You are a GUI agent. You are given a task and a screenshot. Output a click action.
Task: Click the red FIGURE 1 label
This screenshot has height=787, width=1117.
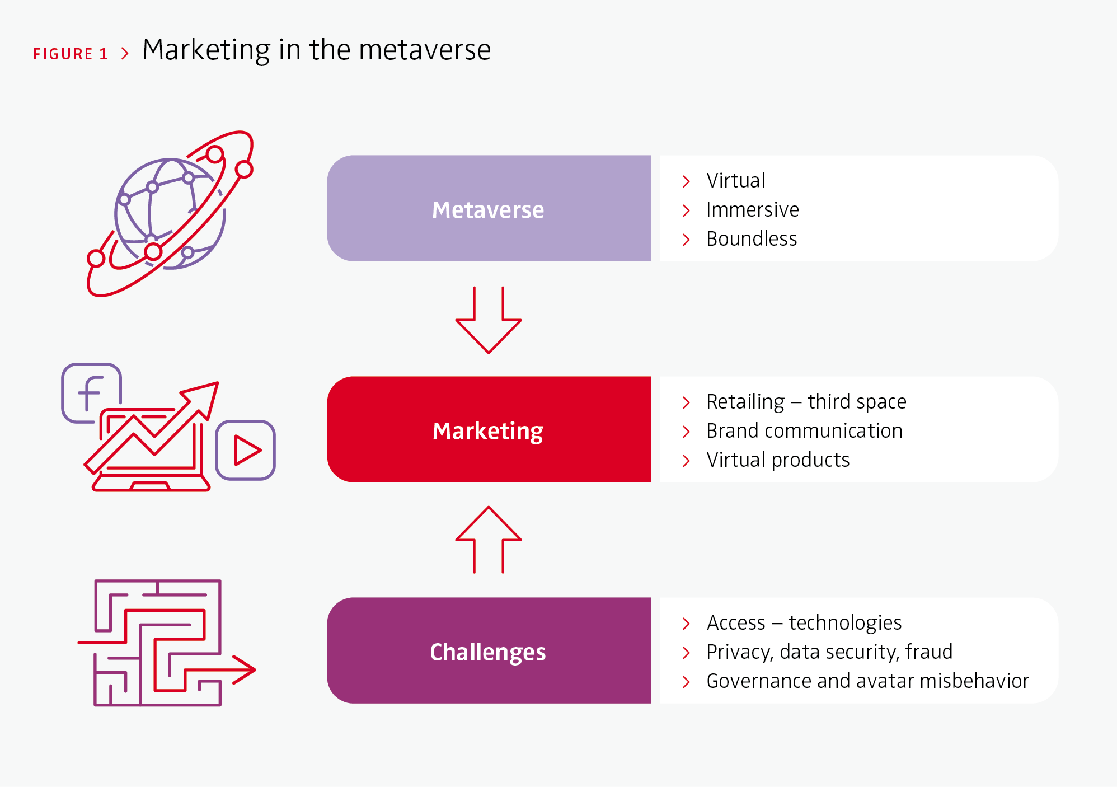pos(70,54)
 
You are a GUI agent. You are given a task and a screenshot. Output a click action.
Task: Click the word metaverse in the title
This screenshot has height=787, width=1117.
pos(425,50)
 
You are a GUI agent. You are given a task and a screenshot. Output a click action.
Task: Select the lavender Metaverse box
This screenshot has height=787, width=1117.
pos(489,208)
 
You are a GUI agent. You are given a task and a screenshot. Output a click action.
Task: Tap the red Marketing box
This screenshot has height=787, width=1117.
pos(489,429)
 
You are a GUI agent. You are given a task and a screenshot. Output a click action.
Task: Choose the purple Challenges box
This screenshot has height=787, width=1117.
pos(489,650)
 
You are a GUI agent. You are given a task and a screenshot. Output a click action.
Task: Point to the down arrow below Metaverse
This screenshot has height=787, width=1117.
pos(489,320)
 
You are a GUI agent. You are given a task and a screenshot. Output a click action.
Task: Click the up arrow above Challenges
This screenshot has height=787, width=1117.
pos(489,540)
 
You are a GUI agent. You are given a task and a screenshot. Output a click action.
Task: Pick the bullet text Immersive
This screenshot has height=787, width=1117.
pos(752,209)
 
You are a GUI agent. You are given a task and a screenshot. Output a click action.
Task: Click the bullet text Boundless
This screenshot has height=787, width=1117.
pos(752,238)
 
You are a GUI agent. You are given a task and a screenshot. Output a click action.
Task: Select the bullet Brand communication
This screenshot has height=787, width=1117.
pos(804,430)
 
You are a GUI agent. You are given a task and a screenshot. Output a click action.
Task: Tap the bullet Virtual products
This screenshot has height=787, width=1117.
pos(778,460)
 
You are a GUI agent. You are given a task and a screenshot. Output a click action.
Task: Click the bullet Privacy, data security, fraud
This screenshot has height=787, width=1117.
pos(829,652)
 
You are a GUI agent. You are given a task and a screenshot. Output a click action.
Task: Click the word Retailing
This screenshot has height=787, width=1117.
pos(745,402)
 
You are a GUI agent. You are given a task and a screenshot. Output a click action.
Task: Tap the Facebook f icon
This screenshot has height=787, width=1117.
pos(91,393)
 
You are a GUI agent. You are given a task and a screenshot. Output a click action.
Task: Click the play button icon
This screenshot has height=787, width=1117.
pos(246,450)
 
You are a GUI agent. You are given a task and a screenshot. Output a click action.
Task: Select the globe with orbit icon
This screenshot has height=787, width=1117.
pos(170,214)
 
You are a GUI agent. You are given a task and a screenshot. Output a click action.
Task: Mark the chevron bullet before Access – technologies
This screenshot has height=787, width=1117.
pos(686,624)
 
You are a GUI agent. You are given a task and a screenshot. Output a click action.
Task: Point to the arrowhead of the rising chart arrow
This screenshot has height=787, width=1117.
pos(202,398)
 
